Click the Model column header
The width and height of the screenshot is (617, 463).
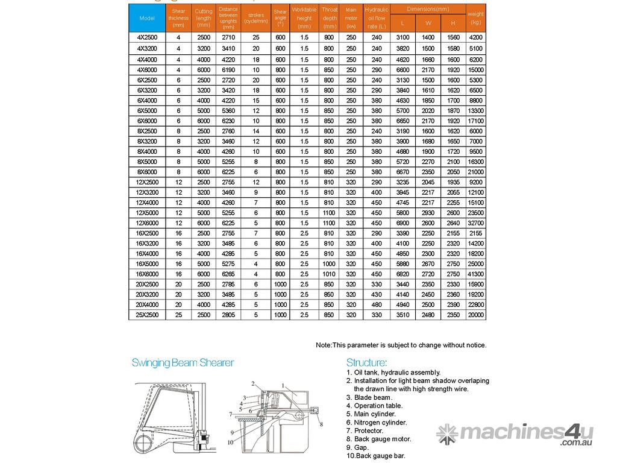pyautogui.click(x=147, y=18)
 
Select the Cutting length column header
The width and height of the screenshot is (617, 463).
pyautogui.click(x=204, y=18)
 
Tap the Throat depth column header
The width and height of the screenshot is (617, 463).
pyautogui.click(x=330, y=18)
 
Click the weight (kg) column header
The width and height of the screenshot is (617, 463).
pyautogui.click(x=476, y=18)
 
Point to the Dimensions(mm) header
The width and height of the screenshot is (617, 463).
pyautogui.click(x=428, y=9)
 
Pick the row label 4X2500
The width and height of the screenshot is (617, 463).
pyautogui.click(x=147, y=37)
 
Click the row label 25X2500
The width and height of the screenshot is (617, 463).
pyautogui.click(x=147, y=315)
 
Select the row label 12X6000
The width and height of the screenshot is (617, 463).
pyautogui.click(x=147, y=222)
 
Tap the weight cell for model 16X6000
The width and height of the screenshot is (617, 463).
pyautogui.click(x=476, y=274)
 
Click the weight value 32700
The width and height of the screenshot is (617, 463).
pyautogui.click(x=476, y=222)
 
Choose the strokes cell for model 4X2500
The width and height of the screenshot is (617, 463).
pyautogui.click(x=256, y=37)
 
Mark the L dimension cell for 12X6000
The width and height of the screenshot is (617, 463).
pyautogui.click(x=402, y=222)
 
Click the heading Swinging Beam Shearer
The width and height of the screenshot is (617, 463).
pyautogui.click(x=183, y=363)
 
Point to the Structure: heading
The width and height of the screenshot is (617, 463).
pyautogui.click(x=366, y=363)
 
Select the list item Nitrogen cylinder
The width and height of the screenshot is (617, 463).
pyautogui.click(x=380, y=423)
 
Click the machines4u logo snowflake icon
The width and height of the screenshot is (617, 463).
pyautogui.click(x=447, y=433)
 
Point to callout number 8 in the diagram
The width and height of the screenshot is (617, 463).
pyautogui.click(x=322, y=425)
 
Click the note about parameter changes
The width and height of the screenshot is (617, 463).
pyautogui.click(x=401, y=345)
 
